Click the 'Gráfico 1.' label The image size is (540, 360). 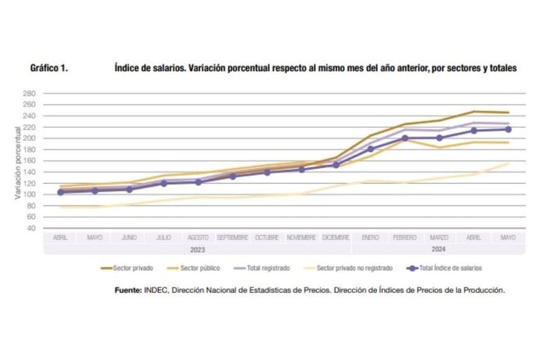[49, 68]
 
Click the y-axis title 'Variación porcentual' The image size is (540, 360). [18, 160]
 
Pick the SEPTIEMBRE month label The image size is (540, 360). [233, 238]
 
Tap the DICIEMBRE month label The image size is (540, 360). [336, 238]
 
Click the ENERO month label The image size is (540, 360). [371, 238]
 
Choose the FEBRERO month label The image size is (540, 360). [405, 238]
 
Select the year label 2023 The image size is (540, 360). [198, 249]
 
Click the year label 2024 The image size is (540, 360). [439, 249]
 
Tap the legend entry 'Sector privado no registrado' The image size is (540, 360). [354, 268]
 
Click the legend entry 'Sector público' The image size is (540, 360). [199, 268]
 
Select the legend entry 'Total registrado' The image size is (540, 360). [269, 268]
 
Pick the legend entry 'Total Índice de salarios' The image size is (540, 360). [450, 268]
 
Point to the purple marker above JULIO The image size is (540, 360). [164, 183]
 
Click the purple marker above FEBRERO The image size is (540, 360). [405, 138]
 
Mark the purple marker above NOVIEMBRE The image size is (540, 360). [302, 169]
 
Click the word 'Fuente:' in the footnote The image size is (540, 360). [128, 290]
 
